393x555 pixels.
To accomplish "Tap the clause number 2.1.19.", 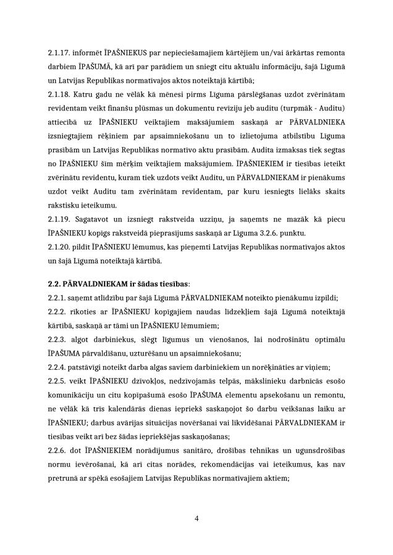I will pos(59,219).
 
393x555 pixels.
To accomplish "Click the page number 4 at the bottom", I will pos(196,518).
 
